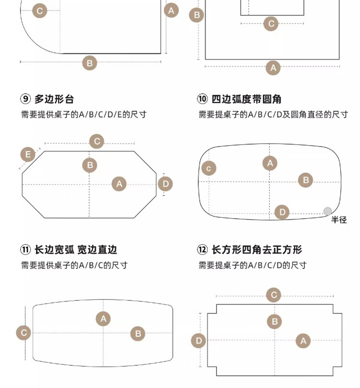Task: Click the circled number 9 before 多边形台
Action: (25, 100)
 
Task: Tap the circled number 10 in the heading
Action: (203, 100)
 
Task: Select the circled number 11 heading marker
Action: (25, 250)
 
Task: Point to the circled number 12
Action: (203, 250)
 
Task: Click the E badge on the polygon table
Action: (28, 155)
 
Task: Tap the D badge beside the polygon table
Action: (165, 184)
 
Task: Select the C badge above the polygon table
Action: (97, 141)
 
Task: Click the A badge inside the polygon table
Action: (119, 184)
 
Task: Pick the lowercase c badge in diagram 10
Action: (208, 168)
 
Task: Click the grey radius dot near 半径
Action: (327, 211)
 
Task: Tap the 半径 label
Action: (339, 220)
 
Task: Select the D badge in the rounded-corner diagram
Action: (282, 212)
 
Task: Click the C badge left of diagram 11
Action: (24, 333)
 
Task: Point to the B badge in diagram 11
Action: (138, 334)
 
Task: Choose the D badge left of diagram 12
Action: (198, 341)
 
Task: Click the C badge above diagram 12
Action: (274, 295)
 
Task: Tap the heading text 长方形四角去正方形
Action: (257, 250)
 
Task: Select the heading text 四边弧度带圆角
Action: (246, 100)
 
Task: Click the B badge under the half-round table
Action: (90, 62)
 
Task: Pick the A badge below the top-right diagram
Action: (273, 68)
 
